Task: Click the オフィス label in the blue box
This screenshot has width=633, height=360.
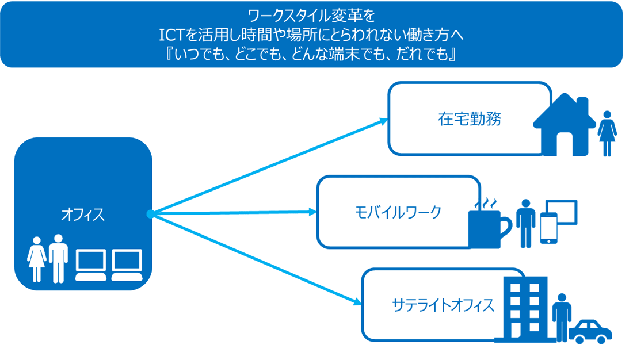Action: (x=83, y=215)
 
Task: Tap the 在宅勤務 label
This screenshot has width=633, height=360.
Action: (x=470, y=119)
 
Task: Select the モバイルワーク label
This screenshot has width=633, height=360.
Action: (x=398, y=212)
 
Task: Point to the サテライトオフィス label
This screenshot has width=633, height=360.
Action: (x=443, y=305)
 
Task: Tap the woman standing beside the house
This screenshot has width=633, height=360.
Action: (x=607, y=133)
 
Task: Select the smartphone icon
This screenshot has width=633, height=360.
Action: (x=548, y=228)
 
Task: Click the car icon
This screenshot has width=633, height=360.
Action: (x=590, y=332)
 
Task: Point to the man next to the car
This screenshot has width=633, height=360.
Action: (x=562, y=317)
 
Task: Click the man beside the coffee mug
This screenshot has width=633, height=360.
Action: (x=525, y=223)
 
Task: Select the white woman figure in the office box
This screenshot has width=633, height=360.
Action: (x=37, y=259)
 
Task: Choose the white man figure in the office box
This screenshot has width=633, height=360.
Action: (x=59, y=258)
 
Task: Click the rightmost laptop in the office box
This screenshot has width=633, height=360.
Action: (x=127, y=265)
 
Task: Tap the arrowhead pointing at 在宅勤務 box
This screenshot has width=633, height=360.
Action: (x=383, y=121)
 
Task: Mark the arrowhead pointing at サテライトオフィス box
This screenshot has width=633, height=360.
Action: (x=357, y=301)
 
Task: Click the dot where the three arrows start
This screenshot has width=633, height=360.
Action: (x=151, y=214)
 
